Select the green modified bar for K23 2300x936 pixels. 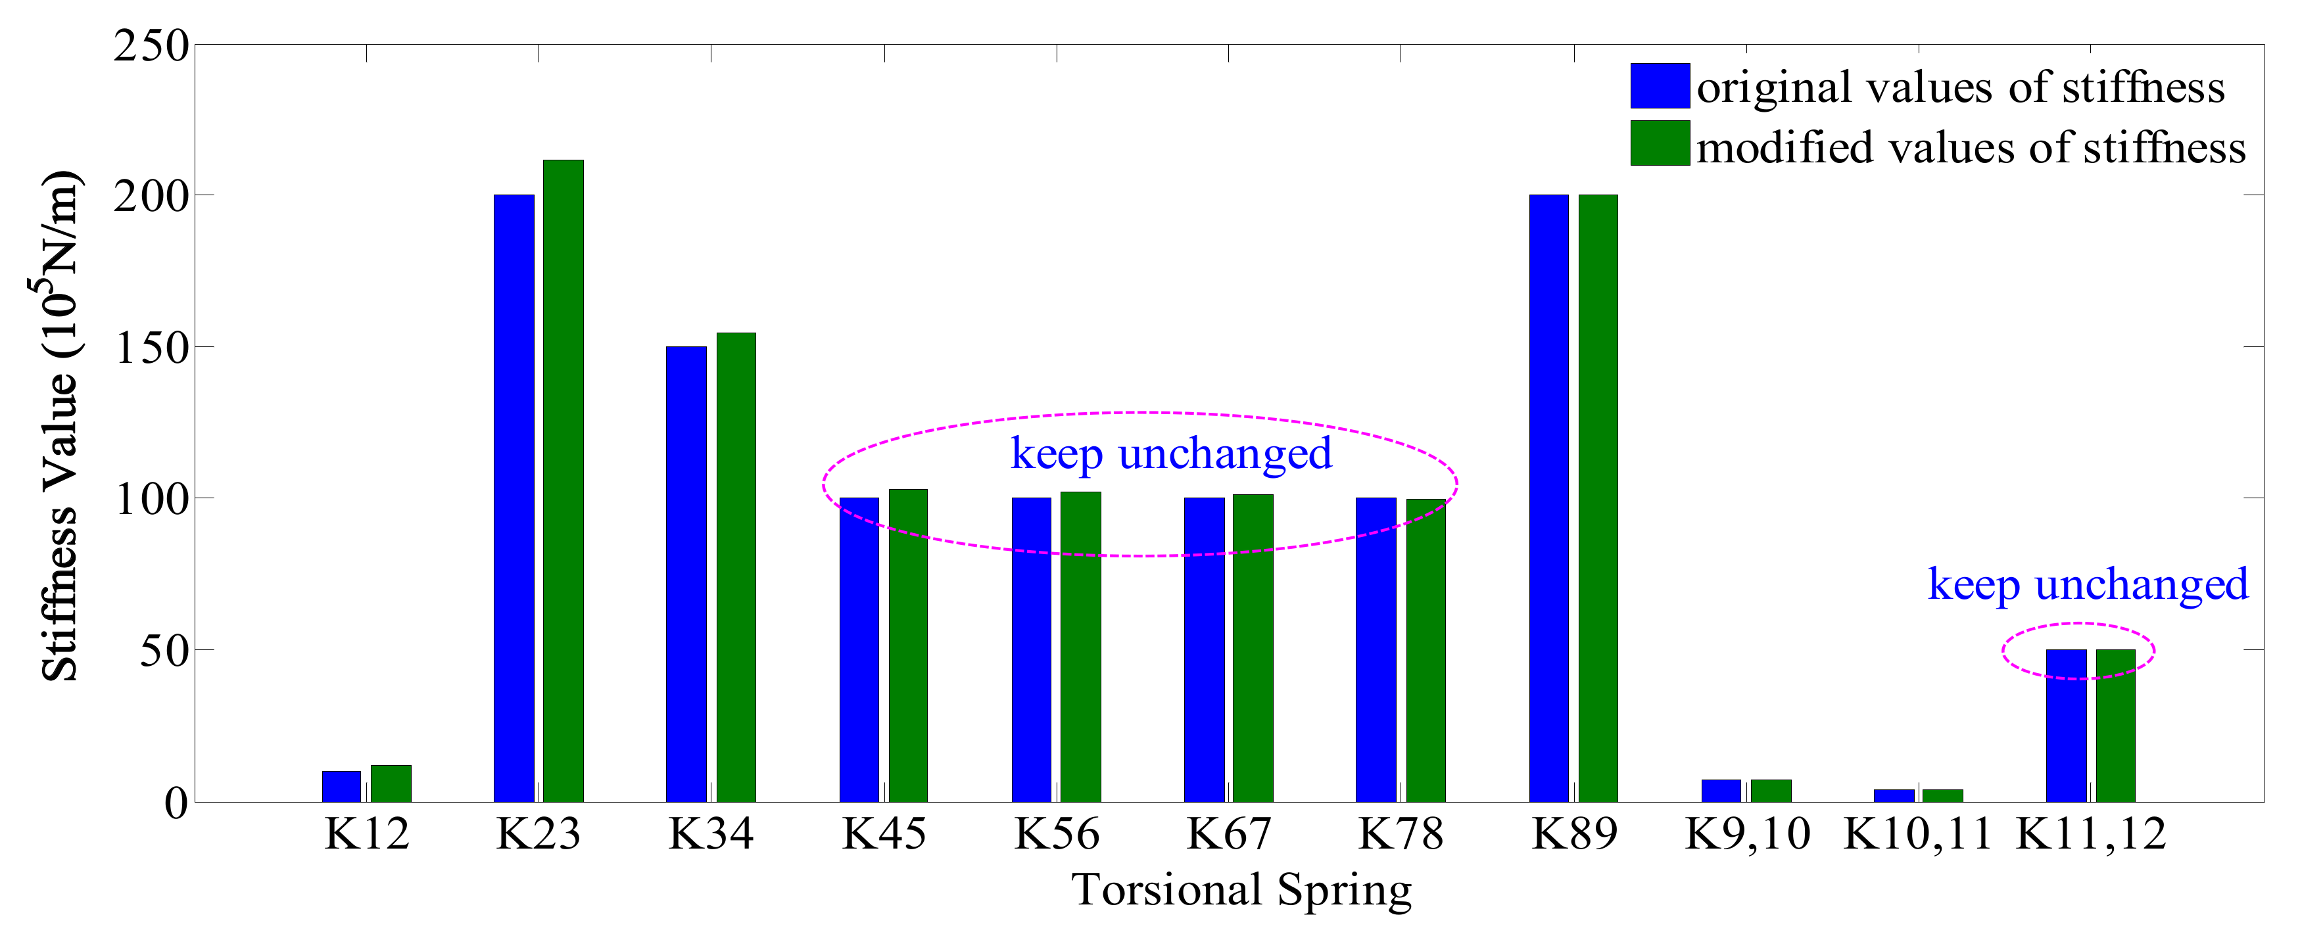[x=563, y=482]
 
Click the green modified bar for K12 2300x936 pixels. [x=391, y=784]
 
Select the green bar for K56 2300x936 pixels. [x=1080, y=647]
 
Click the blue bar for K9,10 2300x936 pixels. [x=1721, y=791]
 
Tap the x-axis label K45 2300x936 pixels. [x=884, y=834]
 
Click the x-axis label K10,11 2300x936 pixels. [x=1917, y=834]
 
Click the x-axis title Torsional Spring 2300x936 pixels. [x=1241, y=889]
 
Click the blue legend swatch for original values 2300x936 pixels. [x=1659, y=85]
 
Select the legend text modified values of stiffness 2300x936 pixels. [x=1971, y=147]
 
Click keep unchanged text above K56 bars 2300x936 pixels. [x=1170, y=454]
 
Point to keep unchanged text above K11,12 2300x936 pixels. [x=2088, y=586]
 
